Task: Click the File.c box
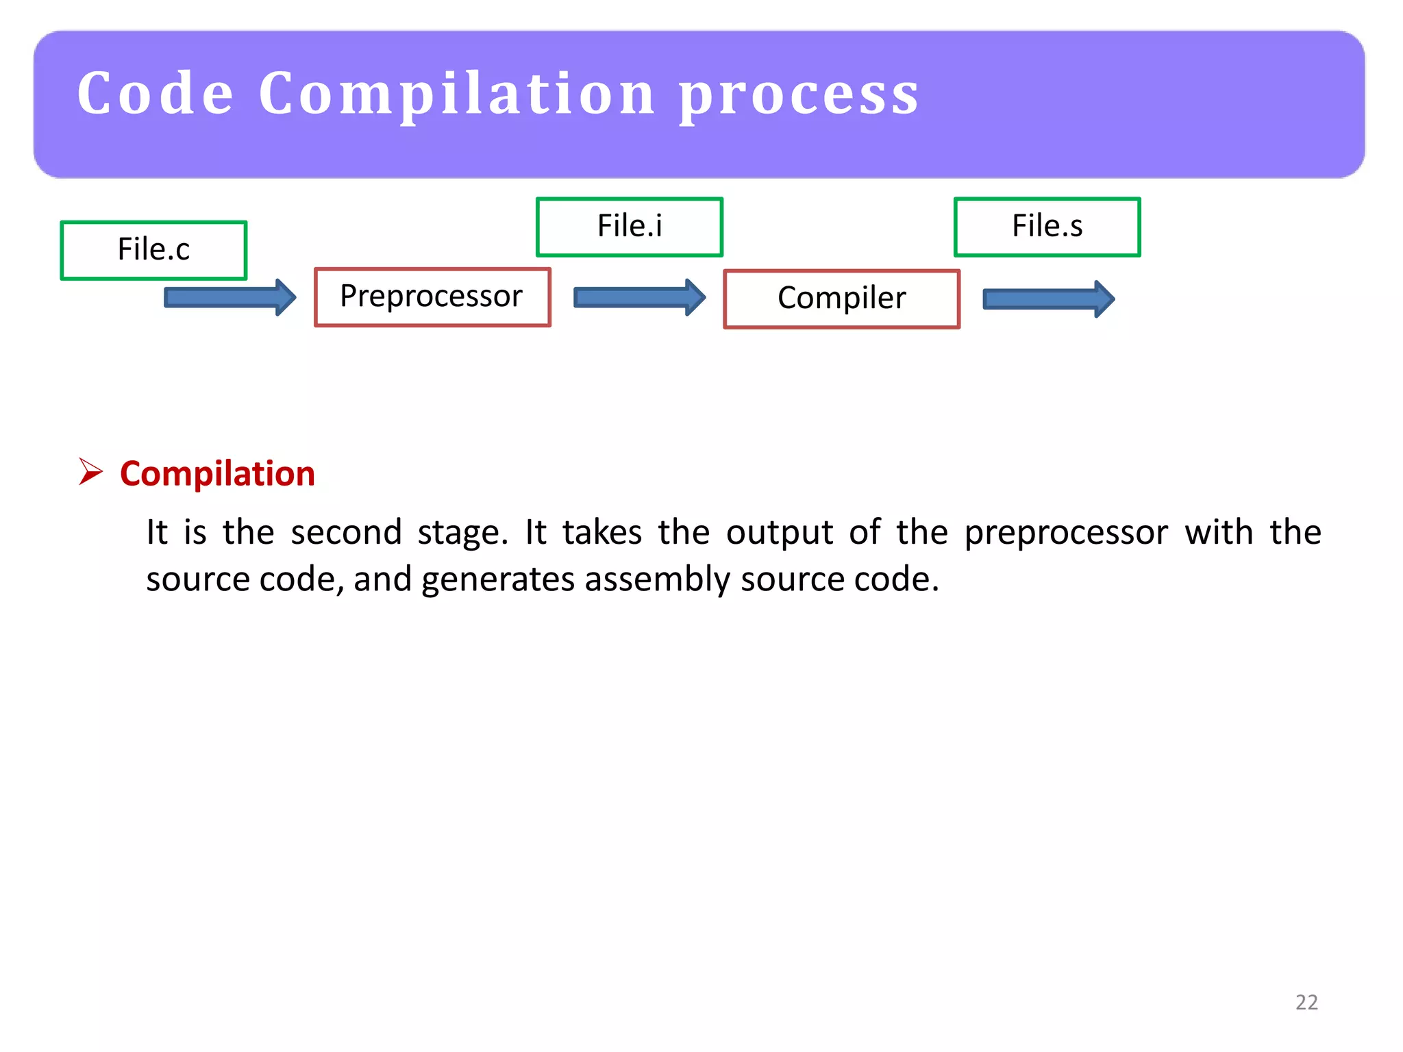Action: click(153, 250)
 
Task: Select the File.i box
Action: click(630, 227)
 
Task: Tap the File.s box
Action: click(1047, 227)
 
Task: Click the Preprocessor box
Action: click(432, 297)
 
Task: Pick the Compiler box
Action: click(841, 299)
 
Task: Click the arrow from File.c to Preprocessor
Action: click(229, 297)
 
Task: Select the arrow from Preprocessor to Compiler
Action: click(638, 297)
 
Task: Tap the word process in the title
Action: click(799, 96)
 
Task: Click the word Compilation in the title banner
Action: click(457, 96)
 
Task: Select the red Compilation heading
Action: click(217, 474)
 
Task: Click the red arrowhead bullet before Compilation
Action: click(90, 472)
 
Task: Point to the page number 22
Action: click(1306, 1002)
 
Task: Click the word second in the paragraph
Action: click(346, 533)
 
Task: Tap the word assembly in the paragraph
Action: click(657, 579)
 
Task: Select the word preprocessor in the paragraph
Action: click(1066, 533)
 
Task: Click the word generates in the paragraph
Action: click(497, 579)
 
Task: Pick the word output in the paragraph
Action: click(780, 533)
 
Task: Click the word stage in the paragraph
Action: click(462, 533)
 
